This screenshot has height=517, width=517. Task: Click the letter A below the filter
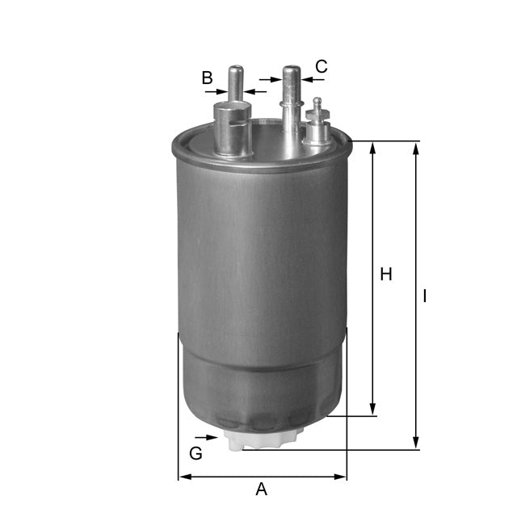(261, 490)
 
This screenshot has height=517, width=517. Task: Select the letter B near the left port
(207, 78)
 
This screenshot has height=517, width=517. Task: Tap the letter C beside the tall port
(322, 66)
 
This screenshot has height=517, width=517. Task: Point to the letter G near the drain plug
(195, 454)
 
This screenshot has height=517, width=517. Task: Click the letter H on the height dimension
(386, 275)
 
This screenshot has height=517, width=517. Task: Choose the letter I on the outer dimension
(425, 296)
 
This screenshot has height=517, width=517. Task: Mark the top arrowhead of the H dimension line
(372, 148)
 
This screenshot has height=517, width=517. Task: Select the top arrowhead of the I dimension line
(416, 148)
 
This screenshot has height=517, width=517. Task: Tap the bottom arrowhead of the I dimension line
(416, 443)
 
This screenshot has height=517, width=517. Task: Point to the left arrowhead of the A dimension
(183, 477)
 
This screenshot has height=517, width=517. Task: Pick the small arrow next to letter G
(212, 438)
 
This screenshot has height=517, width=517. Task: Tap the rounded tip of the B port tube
(235, 70)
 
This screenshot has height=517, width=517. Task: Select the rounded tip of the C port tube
(291, 70)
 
